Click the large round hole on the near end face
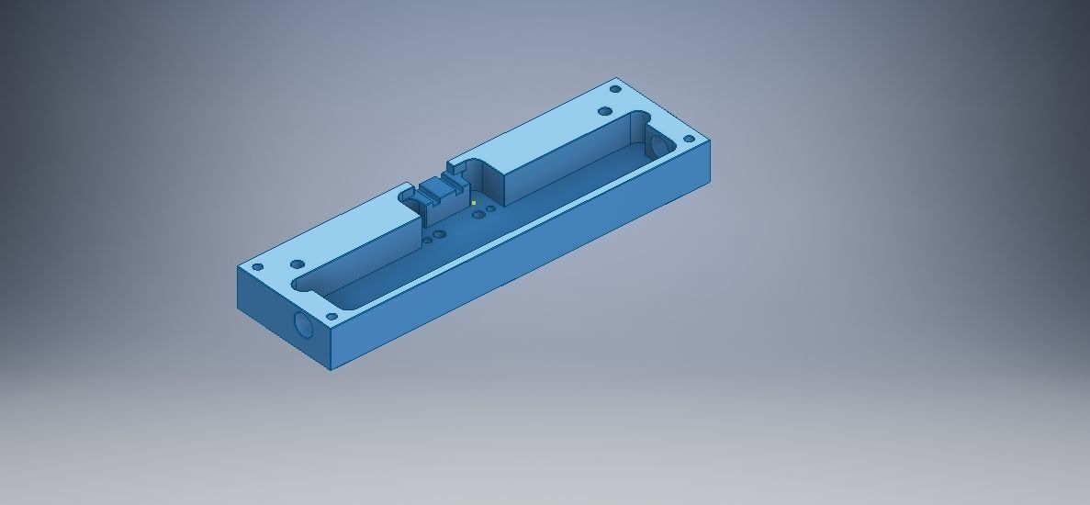[302, 324]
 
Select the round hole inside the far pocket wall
[657, 144]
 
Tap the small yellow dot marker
[473, 203]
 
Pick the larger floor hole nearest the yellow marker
[478, 215]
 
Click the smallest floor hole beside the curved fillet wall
[491, 208]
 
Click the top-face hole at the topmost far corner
[615, 90]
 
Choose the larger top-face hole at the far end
[604, 111]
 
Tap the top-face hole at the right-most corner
[689, 140]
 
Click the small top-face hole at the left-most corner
[257, 267]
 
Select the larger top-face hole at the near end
[298, 264]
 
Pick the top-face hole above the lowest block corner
[331, 317]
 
